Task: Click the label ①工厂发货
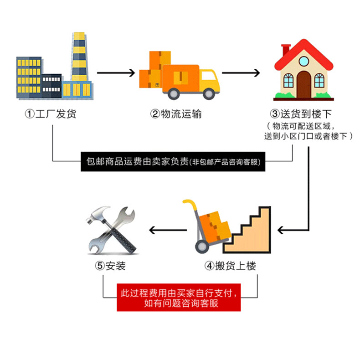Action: tap(51, 114)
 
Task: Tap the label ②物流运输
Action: tap(176, 114)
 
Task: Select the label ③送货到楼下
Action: tap(301, 114)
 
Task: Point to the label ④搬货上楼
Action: tap(230, 266)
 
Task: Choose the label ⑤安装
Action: tap(110, 266)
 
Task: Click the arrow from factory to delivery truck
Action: tap(116, 73)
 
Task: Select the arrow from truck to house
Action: tap(241, 73)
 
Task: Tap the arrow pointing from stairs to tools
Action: tap(168, 230)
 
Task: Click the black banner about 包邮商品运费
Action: tap(173, 161)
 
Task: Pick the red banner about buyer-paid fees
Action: tap(179, 298)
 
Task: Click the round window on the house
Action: tap(304, 61)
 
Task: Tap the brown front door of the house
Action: tap(304, 85)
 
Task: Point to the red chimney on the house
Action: tap(285, 50)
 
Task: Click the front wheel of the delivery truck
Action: tap(209, 93)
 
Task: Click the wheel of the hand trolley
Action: tap(202, 247)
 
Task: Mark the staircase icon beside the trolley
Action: tap(247, 230)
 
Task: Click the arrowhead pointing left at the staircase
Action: tap(280, 230)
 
